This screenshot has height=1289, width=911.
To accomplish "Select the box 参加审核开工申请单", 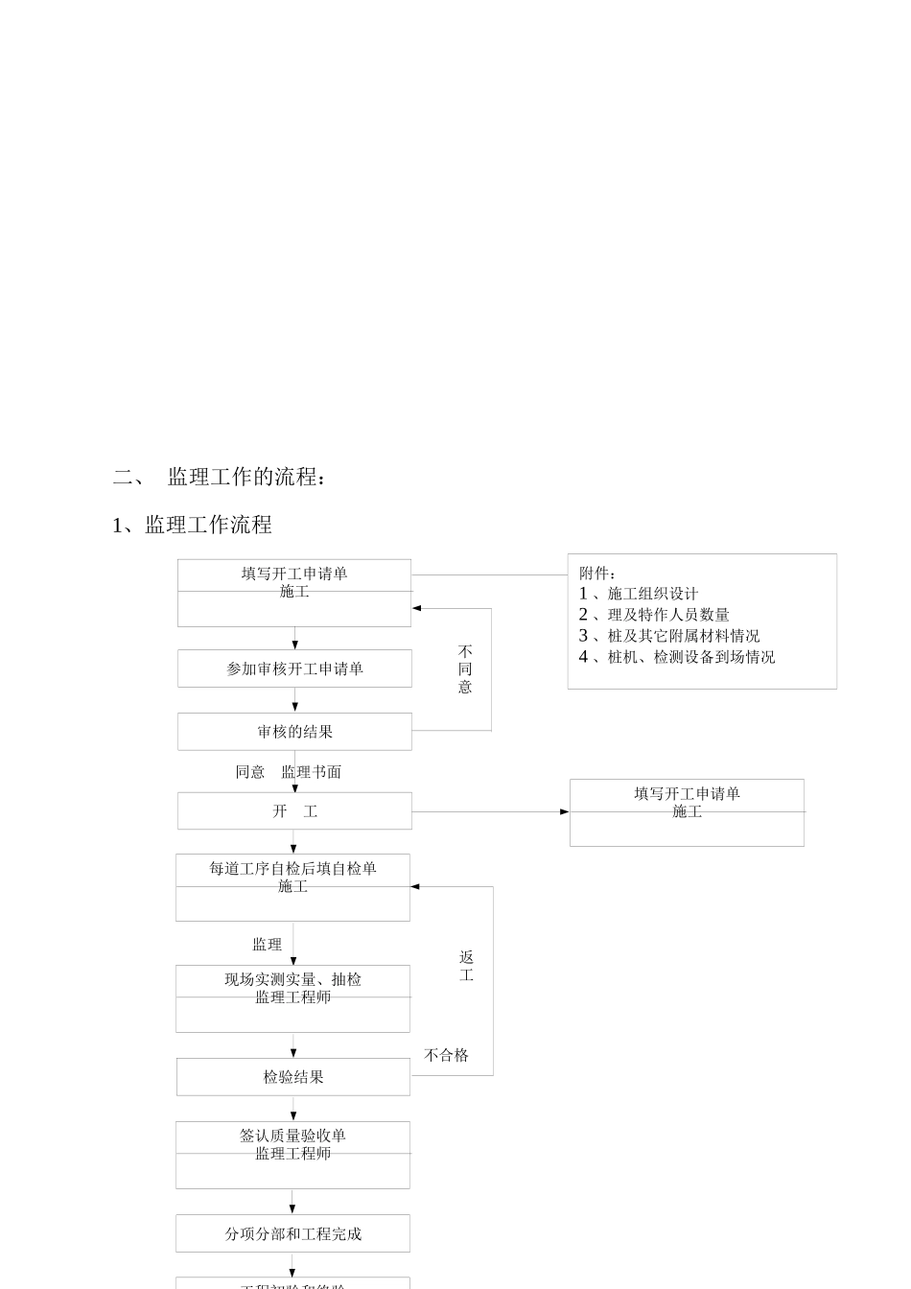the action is coord(294,668).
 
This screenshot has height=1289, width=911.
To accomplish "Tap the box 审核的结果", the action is coord(294,732).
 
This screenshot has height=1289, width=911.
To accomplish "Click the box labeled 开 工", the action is coord(294,811).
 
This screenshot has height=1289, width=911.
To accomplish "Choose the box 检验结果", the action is coord(293,1077).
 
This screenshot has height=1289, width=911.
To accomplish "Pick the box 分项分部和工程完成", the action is coord(292,1233).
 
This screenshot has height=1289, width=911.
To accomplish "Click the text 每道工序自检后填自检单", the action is coord(292,868).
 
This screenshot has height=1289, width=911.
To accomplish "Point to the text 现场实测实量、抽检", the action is coord(292,979).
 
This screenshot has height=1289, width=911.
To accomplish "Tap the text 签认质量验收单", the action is coord(292,1136).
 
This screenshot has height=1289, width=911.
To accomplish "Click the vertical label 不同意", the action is coord(465,668).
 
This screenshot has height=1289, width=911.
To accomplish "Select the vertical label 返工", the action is coord(466,966).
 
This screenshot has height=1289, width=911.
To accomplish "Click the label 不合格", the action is coord(446,1055).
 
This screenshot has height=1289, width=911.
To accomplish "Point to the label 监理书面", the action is coord(311,772).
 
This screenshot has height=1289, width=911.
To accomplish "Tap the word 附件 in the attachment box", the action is coord(596,574).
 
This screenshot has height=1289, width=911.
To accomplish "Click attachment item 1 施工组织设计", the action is coord(639,594).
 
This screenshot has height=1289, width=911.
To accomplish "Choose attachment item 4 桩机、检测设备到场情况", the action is coord(677,657).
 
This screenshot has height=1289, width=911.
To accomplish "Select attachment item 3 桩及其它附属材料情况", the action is coord(669,636).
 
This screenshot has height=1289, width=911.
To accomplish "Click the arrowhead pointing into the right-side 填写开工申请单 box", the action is coord(564,812).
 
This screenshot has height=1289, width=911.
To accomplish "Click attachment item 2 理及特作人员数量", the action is coord(654,615).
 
